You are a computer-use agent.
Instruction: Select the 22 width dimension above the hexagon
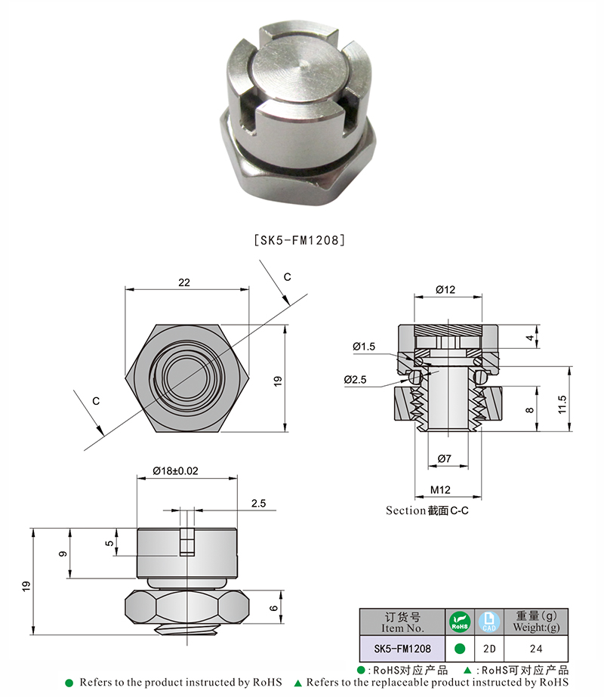[184, 282]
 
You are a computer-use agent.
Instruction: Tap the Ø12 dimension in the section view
[445, 290]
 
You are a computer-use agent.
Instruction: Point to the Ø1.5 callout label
[363, 347]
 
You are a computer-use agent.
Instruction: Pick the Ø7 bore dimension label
[445, 458]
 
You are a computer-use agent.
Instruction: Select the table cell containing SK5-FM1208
[403, 648]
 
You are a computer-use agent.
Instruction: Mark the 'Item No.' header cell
[403, 622]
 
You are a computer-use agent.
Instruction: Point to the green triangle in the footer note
[297, 683]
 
